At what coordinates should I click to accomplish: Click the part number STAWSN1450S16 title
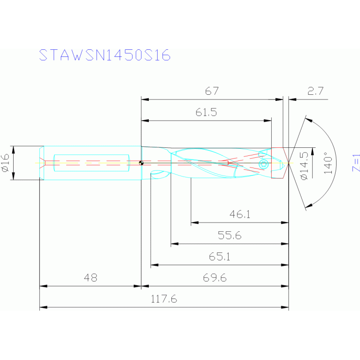(104, 55)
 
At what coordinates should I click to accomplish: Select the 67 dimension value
(212, 92)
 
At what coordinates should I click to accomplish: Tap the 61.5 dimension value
(207, 113)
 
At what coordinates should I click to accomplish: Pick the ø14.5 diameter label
(304, 165)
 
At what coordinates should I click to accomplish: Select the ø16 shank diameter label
(6, 162)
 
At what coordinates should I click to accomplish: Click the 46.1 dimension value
(240, 214)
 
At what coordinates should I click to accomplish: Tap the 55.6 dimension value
(230, 236)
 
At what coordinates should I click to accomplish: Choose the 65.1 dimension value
(219, 257)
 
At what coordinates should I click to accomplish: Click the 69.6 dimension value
(214, 278)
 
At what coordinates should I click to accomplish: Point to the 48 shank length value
(90, 278)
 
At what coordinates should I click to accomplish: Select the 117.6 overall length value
(163, 299)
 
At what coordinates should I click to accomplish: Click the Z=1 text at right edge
(356, 162)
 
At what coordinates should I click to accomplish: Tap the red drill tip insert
(279, 163)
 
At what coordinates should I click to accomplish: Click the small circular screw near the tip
(263, 163)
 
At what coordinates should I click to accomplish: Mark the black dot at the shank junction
(141, 163)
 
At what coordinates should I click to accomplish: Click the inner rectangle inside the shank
(92, 163)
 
